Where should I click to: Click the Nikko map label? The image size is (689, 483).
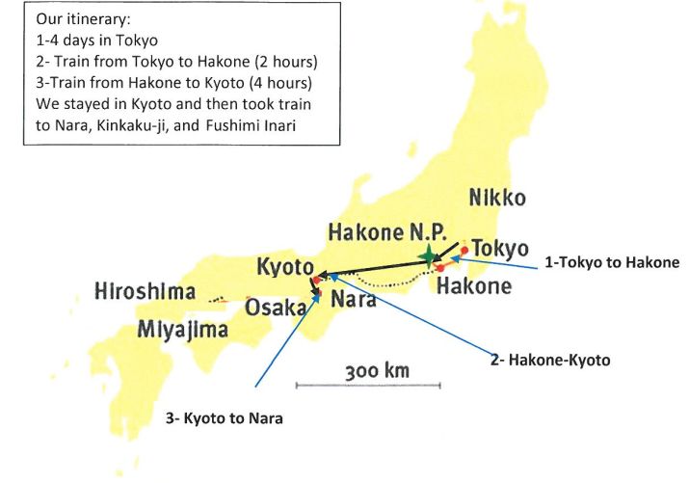coord(497,199)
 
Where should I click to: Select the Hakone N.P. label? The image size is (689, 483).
coord(387,232)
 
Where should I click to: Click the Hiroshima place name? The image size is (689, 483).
coord(146,291)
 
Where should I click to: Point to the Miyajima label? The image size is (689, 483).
coord(182,329)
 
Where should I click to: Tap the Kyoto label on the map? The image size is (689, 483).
coord(285,267)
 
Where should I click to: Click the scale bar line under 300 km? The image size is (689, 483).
coord(368,386)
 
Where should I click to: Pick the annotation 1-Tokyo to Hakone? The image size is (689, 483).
coord(612,262)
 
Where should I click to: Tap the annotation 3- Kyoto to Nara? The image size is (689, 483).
coord(224,418)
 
